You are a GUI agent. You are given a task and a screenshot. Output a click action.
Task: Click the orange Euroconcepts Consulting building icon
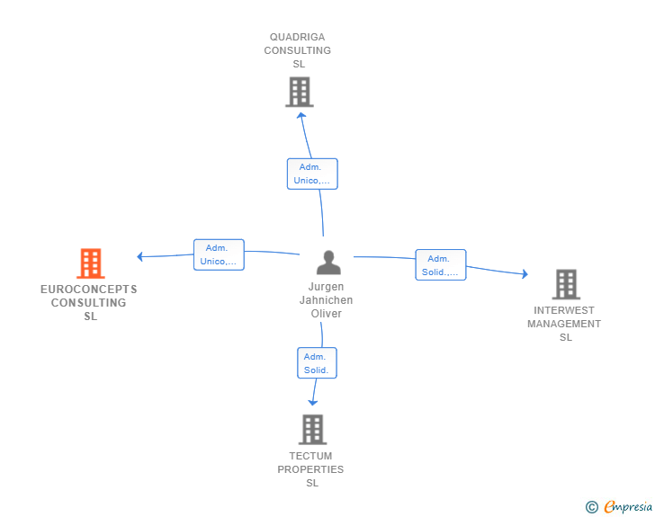tap(91, 263)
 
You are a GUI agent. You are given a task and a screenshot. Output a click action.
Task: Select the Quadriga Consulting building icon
tap(300, 92)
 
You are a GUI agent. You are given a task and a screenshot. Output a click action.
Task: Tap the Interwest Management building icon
tap(566, 284)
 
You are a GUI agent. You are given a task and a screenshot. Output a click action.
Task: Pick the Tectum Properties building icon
tap(312, 430)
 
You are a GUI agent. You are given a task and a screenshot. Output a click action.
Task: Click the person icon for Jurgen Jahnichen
tap(328, 263)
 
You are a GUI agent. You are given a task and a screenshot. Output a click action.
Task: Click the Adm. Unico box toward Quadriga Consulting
tap(312, 174)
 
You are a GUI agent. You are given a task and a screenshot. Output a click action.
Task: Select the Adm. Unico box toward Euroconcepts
tap(219, 254)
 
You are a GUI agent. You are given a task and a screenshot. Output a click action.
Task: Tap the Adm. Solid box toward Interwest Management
tap(441, 264)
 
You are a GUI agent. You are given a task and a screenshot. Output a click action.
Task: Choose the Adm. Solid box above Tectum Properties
tap(317, 363)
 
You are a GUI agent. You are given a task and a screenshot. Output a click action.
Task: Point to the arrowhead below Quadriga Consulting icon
tap(301, 116)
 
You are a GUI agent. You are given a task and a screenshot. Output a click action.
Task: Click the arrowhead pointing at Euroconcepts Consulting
tap(140, 256)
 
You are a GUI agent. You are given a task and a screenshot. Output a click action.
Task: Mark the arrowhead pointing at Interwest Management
tap(525, 274)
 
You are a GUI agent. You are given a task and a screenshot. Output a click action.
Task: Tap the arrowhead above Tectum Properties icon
tap(312, 403)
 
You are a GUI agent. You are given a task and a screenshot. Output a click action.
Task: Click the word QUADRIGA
tap(298, 37)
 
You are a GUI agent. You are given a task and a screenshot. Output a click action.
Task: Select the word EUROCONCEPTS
tap(88, 290)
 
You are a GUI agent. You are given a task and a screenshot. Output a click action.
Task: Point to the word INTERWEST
tap(564, 311)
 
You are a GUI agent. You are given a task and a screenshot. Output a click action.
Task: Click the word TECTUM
tap(310, 456)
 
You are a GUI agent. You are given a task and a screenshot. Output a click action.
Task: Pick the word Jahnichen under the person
tap(326, 300)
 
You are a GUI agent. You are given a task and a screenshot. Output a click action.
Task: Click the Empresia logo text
tap(628, 507)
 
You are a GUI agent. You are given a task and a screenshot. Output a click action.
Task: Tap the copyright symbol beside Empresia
tap(592, 507)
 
